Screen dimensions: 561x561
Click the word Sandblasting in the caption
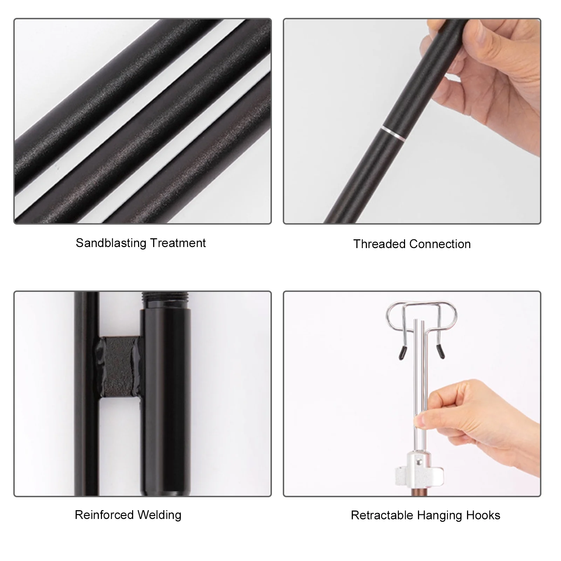(x=111, y=243)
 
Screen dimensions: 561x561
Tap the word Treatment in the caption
(x=178, y=243)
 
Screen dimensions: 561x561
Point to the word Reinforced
(x=104, y=515)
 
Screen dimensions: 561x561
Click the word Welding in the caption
(x=159, y=515)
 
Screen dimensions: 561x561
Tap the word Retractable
(x=382, y=515)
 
